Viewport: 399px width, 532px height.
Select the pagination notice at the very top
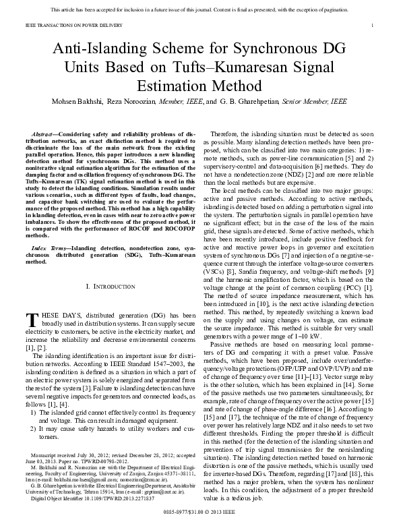point(199,9)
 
